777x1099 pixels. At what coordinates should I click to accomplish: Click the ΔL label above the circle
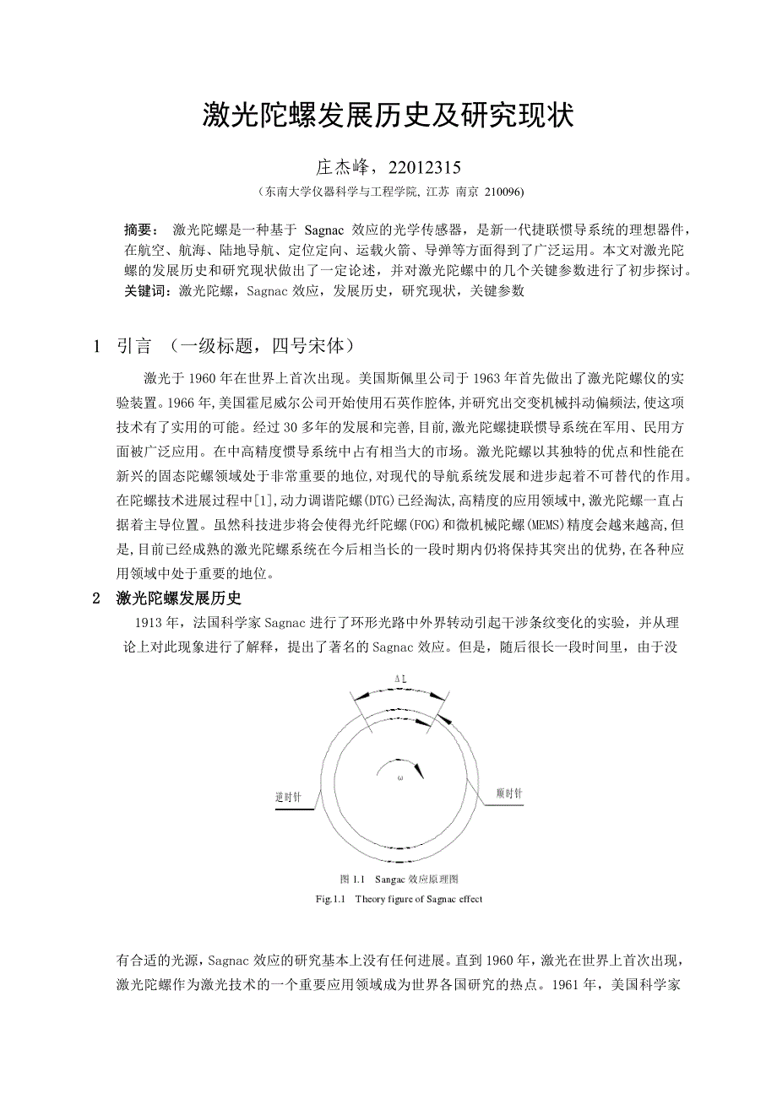[401, 679]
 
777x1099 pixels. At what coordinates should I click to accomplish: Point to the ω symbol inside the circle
[399, 778]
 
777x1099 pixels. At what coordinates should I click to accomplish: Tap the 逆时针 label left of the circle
[290, 796]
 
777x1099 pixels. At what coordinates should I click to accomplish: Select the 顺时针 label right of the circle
[509, 794]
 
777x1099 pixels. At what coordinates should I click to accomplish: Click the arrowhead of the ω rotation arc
[421, 771]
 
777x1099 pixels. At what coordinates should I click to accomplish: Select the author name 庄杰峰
[340, 166]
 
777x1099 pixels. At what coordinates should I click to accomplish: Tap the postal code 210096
[504, 192]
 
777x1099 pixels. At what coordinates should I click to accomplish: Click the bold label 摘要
[137, 230]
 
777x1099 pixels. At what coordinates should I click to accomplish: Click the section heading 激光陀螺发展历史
[179, 598]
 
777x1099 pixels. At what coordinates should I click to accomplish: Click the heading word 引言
[134, 347]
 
